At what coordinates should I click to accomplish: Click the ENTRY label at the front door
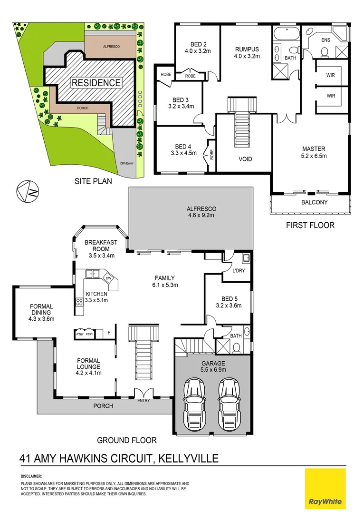click(143, 401)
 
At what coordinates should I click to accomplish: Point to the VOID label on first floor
click(246, 159)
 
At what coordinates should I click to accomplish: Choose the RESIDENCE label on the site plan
click(96, 83)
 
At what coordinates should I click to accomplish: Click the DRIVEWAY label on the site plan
click(126, 163)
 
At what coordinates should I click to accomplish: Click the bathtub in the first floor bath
click(286, 34)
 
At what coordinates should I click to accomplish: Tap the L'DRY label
click(238, 272)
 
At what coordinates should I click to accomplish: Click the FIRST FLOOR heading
click(310, 225)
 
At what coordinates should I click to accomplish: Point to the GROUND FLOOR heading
click(126, 440)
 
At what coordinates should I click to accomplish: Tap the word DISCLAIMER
click(31, 476)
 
